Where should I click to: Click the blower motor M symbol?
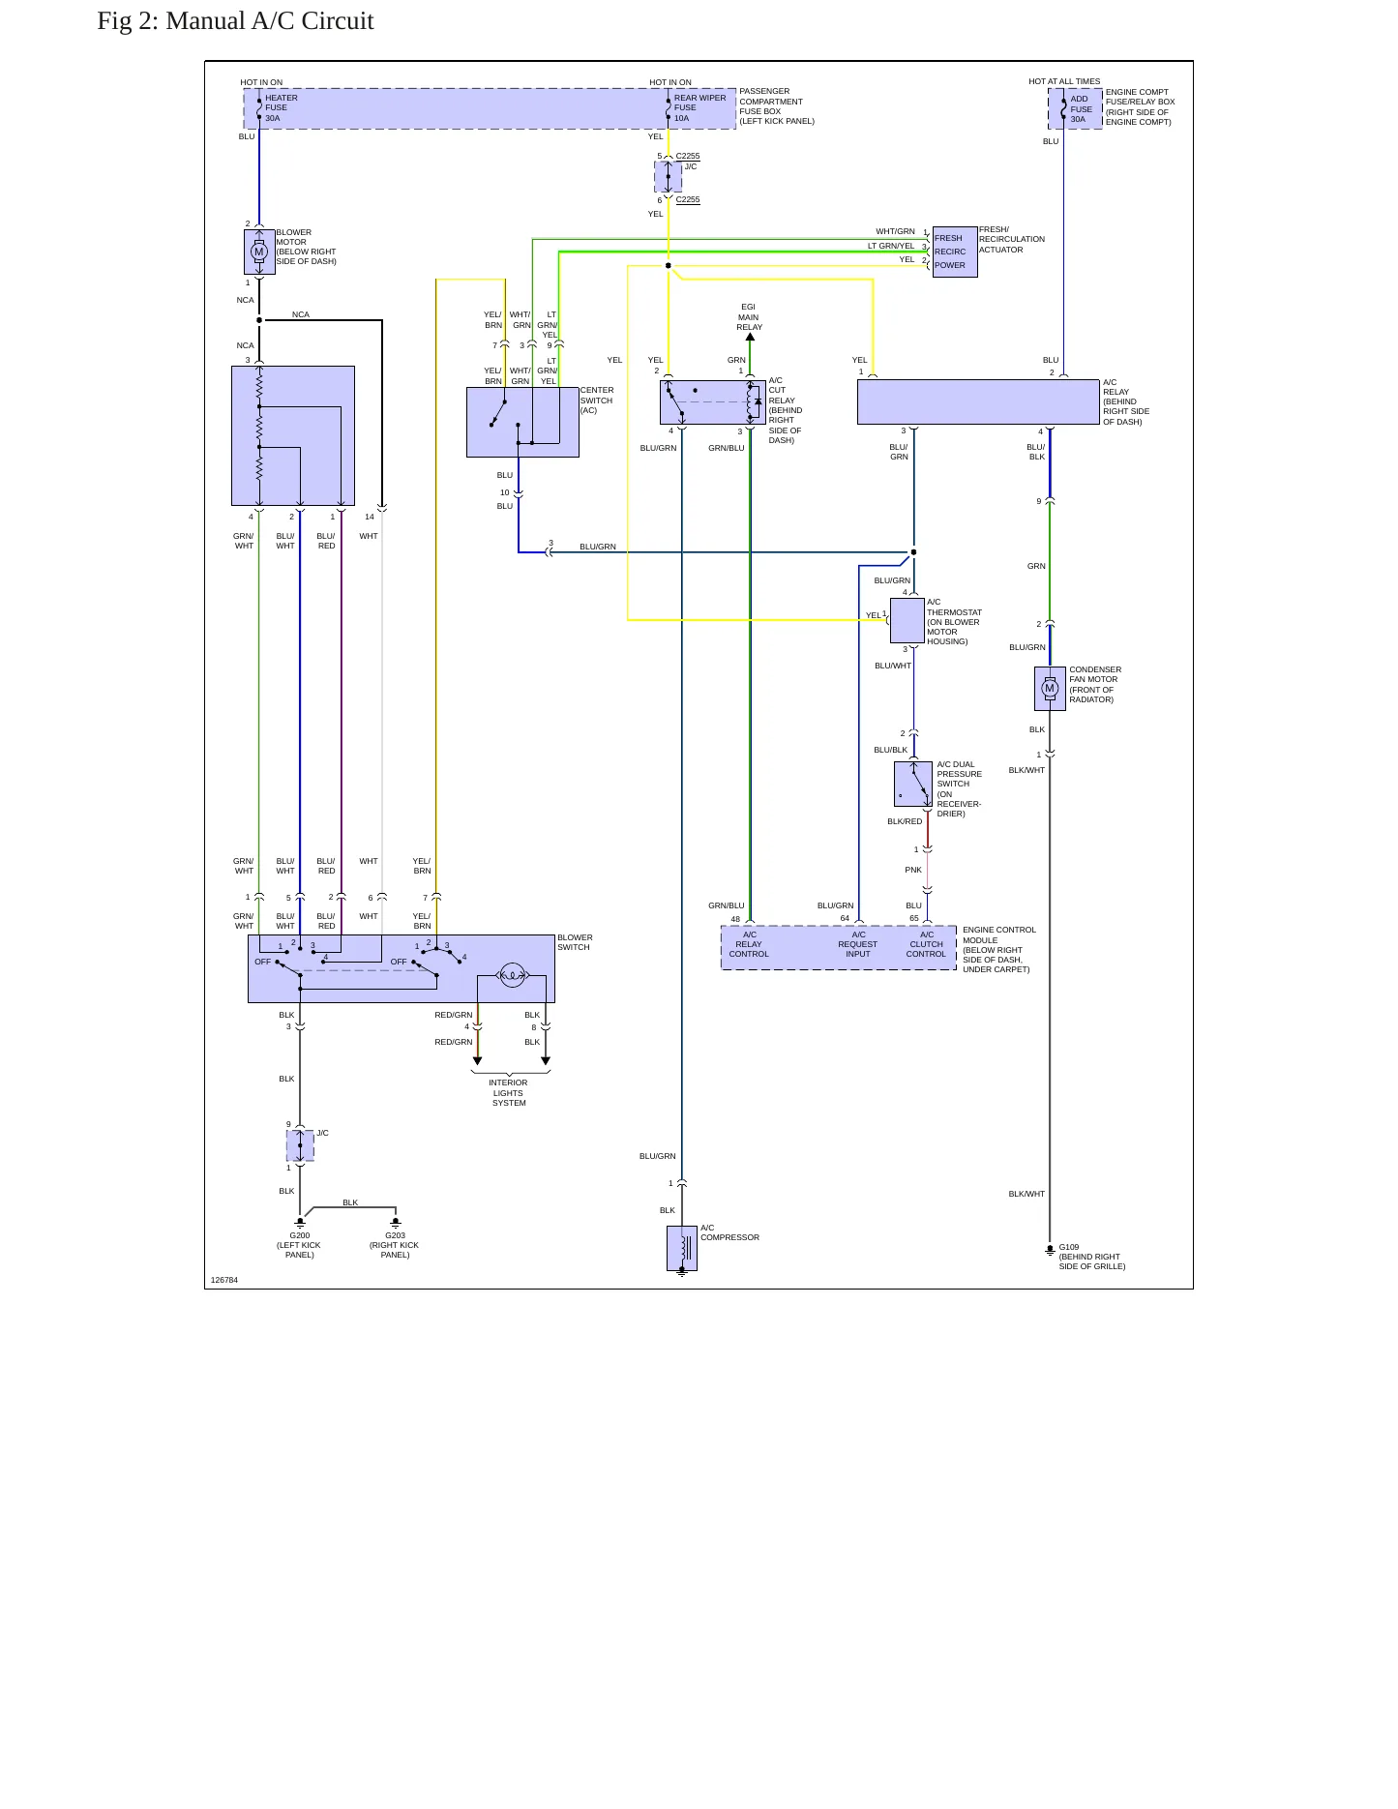tap(258, 252)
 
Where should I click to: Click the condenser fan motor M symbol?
tap(1050, 689)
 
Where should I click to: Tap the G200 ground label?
tap(300, 1235)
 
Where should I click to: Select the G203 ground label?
tap(395, 1235)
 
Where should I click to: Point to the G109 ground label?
tap(1069, 1247)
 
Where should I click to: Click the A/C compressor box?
tap(682, 1248)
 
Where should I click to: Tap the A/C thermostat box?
tap(907, 620)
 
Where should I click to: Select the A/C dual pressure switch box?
tap(913, 784)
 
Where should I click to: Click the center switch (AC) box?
tap(522, 422)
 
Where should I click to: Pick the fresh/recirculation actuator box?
tap(955, 252)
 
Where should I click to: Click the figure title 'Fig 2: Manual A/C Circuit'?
tap(235, 21)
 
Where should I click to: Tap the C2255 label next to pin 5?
tap(688, 156)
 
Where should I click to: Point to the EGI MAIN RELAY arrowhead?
tap(750, 337)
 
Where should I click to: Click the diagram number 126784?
tap(224, 1280)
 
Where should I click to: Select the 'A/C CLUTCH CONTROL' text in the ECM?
tap(926, 944)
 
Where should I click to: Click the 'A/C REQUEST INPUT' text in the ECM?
tap(858, 944)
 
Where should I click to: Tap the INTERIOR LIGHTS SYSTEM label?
tap(509, 1093)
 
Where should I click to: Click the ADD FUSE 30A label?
tap(1081, 109)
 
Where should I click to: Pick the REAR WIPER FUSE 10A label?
tap(699, 108)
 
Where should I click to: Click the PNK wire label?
tap(913, 870)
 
